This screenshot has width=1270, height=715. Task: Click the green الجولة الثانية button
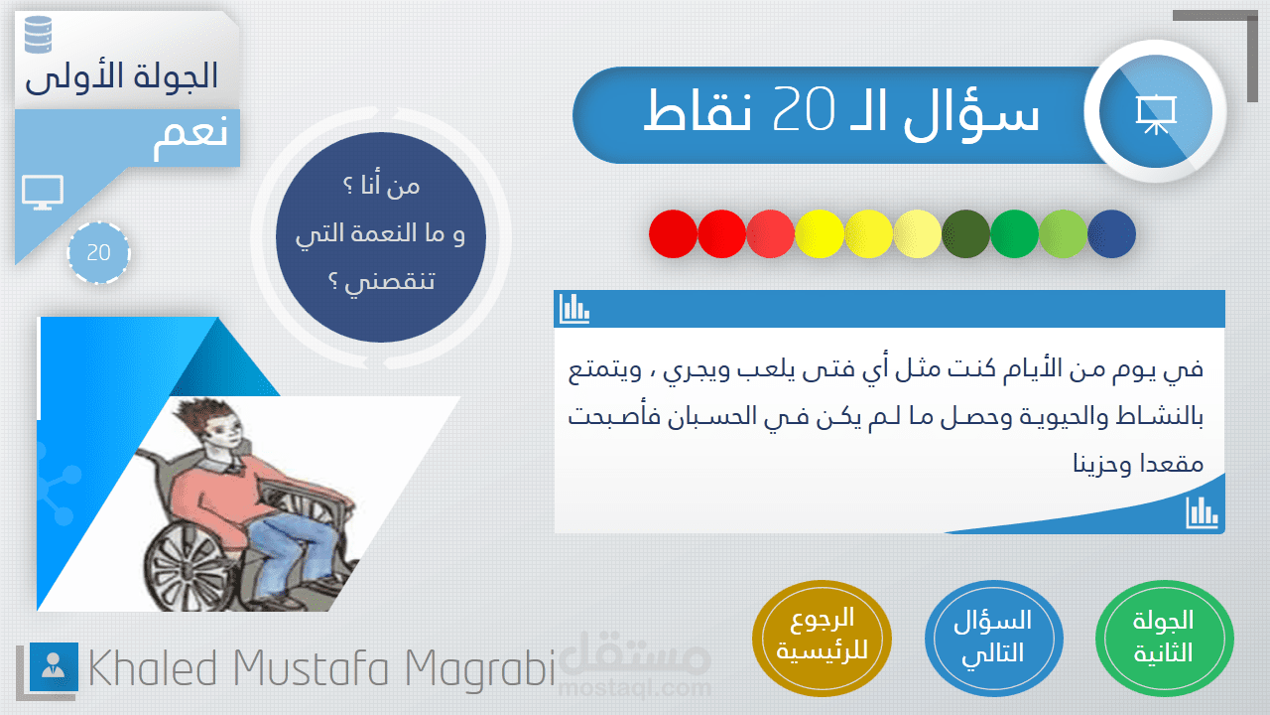tap(1164, 638)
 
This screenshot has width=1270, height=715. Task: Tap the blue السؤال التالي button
tap(994, 638)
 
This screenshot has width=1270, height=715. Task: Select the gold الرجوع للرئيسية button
tap(822, 638)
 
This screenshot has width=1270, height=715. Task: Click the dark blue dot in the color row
tap(1111, 233)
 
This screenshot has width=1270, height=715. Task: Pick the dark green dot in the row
tap(965, 233)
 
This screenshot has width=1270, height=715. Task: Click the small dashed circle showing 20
tap(98, 252)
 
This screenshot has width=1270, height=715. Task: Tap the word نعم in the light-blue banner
tap(191, 137)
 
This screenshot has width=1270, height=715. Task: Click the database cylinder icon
tap(39, 35)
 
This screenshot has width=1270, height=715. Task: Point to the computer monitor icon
tap(43, 193)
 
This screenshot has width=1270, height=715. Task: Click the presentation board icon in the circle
tap(1156, 114)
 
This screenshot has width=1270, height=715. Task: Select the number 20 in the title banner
tap(804, 109)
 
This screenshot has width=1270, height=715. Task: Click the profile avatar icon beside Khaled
tap(54, 666)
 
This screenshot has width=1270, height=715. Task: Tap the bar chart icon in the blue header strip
tap(574, 309)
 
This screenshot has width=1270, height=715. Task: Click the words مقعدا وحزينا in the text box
tap(1138, 464)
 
